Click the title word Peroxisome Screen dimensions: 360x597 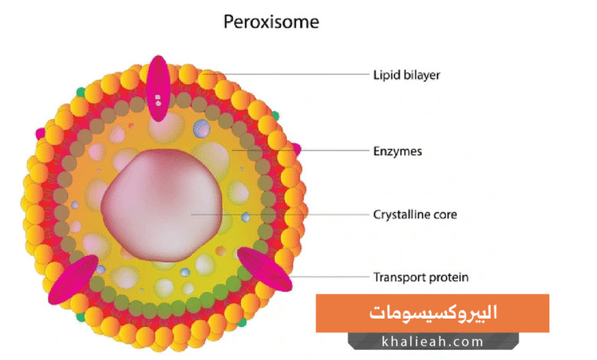271,21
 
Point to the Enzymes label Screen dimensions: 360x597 397,152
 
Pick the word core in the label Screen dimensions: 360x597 445,214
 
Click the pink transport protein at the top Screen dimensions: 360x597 158,88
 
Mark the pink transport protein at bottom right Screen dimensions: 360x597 264,268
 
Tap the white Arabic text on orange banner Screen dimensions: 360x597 432,313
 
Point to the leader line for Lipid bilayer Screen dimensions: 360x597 291,74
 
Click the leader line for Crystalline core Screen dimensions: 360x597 283,214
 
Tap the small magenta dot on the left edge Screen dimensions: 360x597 40,133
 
